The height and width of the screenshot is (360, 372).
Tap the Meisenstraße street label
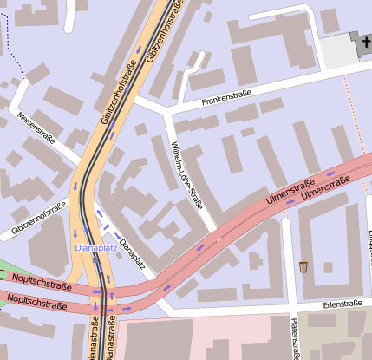point(36,128)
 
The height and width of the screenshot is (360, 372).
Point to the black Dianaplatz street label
point(132,252)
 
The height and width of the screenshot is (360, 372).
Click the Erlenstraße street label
point(342,304)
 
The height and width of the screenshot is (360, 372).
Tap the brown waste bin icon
point(303,265)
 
